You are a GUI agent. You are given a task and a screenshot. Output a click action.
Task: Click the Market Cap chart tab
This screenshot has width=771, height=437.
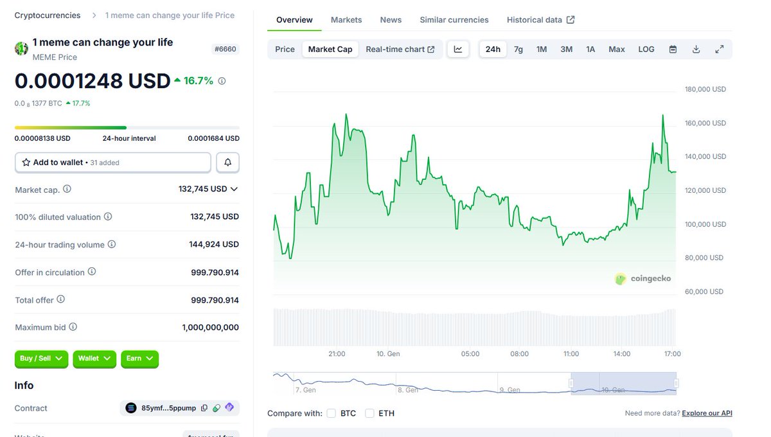tap(330, 49)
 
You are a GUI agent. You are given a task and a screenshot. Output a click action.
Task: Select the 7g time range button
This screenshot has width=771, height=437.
tap(518, 49)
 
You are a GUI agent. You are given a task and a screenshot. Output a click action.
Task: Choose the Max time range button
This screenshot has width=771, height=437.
tap(616, 49)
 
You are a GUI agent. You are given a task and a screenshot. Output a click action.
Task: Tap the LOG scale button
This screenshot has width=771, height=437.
tap(646, 49)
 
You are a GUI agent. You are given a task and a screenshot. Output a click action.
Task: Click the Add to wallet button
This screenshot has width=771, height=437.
tap(113, 163)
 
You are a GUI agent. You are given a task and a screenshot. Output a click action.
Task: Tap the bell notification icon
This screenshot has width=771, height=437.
tap(227, 163)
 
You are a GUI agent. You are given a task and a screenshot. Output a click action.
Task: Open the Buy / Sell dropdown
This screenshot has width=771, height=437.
tap(42, 359)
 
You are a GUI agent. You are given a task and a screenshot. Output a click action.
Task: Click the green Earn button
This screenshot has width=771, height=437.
tap(139, 359)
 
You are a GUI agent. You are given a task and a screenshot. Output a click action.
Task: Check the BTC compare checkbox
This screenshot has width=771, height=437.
tap(332, 413)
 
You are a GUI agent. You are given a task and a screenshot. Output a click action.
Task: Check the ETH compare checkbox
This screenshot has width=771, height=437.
tap(369, 413)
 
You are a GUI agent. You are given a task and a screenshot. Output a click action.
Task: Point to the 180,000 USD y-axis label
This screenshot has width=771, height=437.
tap(705, 89)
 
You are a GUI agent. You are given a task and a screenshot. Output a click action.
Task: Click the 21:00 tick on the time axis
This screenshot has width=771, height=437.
tap(337, 354)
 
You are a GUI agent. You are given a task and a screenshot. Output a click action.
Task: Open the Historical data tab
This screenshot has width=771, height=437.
tap(540, 20)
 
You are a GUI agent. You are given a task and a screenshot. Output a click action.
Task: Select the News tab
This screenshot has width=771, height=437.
tap(391, 20)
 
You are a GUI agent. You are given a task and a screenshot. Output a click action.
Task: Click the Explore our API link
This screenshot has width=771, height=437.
tap(707, 413)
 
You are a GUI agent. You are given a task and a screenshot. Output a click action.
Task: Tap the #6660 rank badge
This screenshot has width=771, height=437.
tap(226, 49)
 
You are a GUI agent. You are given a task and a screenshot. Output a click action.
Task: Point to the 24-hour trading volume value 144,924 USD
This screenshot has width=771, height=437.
tap(215, 245)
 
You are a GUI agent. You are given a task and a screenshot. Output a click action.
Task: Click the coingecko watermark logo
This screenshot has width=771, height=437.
tap(643, 279)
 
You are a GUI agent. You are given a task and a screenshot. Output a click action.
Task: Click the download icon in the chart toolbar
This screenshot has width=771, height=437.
tap(696, 49)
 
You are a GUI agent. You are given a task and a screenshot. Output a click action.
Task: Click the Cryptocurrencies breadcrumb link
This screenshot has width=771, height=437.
tap(48, 15)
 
